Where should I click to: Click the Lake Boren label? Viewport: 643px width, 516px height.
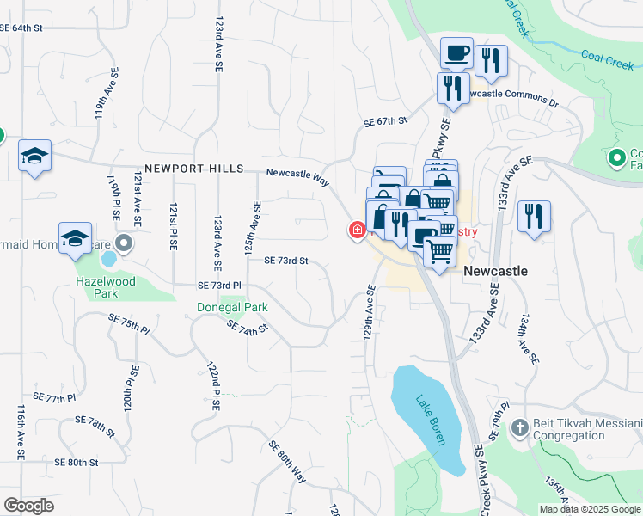click(x=430, y=419)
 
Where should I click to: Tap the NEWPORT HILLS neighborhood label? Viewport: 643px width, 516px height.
click(x=194, y=169)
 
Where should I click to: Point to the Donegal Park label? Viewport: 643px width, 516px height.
click(x=232, y=307)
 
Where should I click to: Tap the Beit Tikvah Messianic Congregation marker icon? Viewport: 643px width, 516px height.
click(x=519, y=427)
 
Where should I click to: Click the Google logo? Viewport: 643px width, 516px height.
click(x=28, y=506)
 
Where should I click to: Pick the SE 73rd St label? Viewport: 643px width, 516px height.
click(x=285, y=260)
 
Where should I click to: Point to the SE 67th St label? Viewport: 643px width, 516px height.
click(x=384, y=122)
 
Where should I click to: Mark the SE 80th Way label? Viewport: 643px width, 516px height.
click(x=287, y=461)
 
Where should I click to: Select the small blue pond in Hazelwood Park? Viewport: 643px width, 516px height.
click(x=109, y=258)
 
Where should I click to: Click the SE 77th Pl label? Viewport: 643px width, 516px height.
click(x=55, y=398)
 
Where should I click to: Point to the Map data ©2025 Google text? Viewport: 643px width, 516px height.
click(x=590, y=509)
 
